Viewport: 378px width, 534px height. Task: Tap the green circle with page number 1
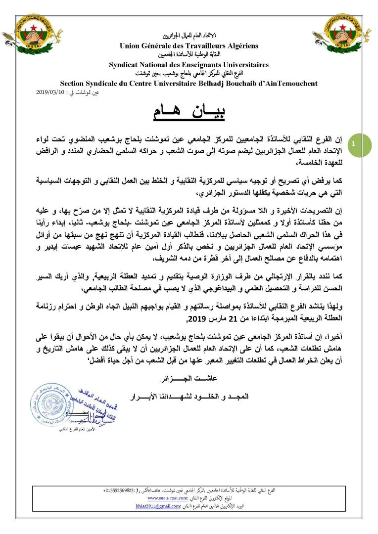click(x=354, y=143)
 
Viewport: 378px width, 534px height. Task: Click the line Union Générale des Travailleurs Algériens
click(x=189, y=46)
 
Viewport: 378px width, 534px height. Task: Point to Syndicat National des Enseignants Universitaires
click(x=189, y=64)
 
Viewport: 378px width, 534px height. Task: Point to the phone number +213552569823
click(x=124, y=490)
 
